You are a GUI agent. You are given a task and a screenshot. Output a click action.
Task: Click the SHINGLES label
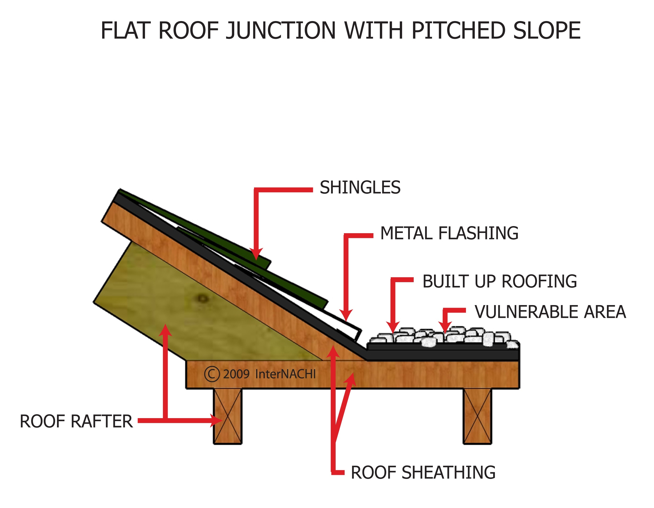tap(360, 188)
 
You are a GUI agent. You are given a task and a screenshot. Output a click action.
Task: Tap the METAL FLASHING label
tap(449, 233)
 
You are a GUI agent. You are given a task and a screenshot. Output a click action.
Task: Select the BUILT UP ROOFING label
tap(500, 281)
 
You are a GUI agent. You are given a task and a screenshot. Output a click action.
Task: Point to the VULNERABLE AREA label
tap(550, 312)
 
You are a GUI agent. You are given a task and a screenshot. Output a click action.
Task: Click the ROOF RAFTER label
tap(76, 421)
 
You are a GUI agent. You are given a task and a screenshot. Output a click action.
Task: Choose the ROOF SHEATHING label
tap(423, 473)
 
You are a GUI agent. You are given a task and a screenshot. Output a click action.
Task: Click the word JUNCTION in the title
tap(281, 31)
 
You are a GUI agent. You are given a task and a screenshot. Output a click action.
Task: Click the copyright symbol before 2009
tap(212, 374)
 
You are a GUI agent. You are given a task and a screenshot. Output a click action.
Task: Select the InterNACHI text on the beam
tap(285, 374)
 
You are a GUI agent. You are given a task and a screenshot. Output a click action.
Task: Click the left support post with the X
tap(227, 416)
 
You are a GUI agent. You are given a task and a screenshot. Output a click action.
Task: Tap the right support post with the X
tap(477, 416)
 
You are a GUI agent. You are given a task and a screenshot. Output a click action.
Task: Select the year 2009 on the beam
tap(236, 374)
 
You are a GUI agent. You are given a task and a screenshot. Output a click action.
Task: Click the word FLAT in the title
tap(125, 31)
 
